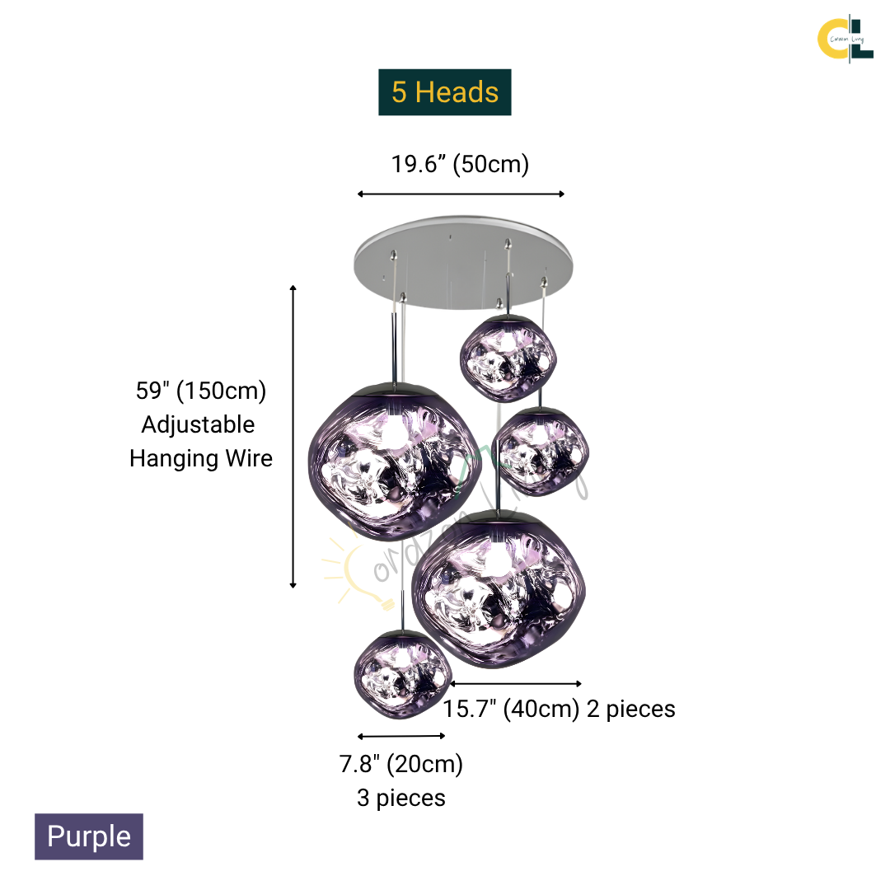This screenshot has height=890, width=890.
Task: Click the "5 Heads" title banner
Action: pyautogui.click(x=445, y=92)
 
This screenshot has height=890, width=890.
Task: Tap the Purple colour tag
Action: pyautogui.click(x=89, y=836)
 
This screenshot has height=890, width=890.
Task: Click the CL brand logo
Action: pyautogui.click(x=845, y=37)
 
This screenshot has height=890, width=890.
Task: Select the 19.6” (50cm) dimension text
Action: pyautogui.click(x=460, y=164)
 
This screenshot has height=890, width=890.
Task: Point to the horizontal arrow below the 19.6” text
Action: pyautogui.click(x=461, y=194)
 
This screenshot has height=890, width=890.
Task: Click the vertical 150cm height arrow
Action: pyautogui.click(x=293, y=436)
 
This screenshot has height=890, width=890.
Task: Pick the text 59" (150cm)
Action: pyautogui.click(x=201, y=391)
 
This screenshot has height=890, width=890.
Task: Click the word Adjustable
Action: pyautogui.click(x=198, y=424)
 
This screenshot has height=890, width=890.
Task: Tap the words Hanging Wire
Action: pyautogui.click(x=201, y=458)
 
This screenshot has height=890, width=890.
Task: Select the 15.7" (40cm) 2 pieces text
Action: pyautogui.click(x=559, y=709)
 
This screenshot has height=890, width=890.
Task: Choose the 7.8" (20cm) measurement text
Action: pyautogui.click(x=401, y=765)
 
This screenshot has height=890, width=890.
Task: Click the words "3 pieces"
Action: pyautogui.click(x=401, y=798)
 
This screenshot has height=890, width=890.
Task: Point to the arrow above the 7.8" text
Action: pyautogui.click(x=402, y=736)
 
